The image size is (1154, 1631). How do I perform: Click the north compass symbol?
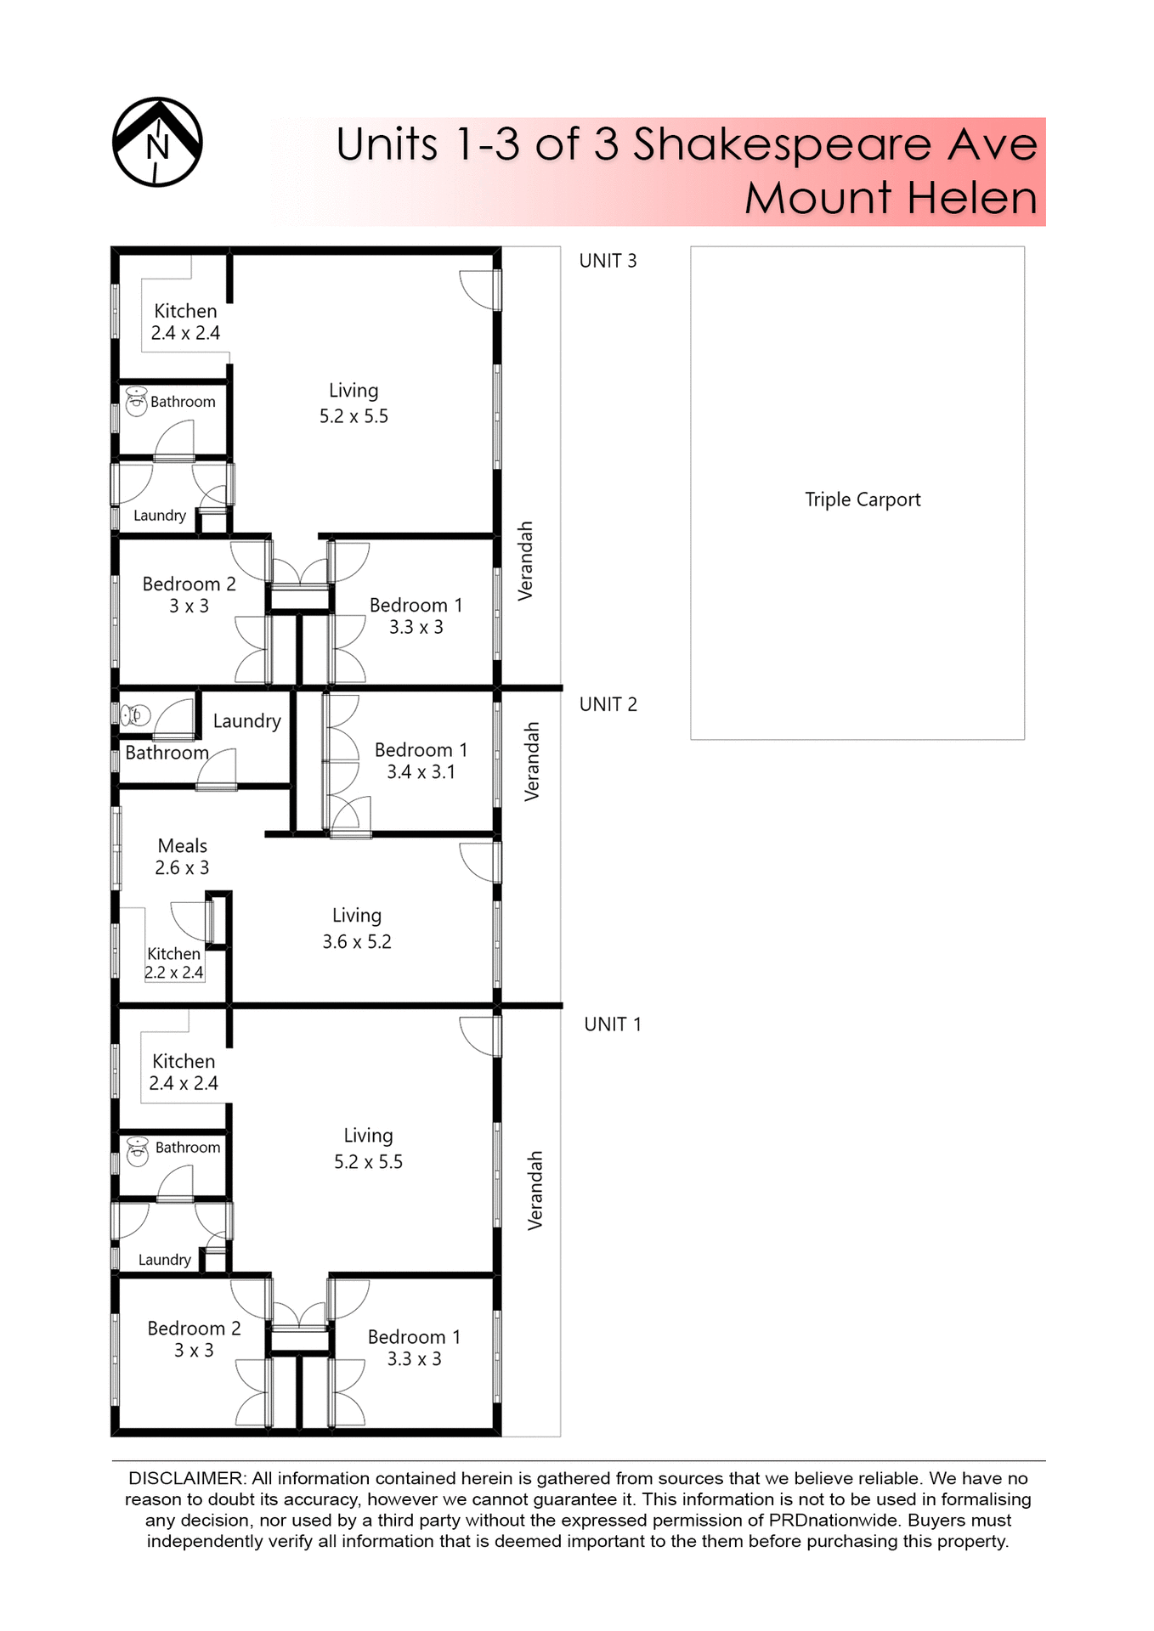coord(157,142)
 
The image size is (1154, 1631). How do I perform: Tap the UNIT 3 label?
coord(608,261)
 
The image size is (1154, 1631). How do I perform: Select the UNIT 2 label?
coord(608,704)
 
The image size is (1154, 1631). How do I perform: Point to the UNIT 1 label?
coord(612,1024)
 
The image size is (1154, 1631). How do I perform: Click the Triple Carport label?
coord(863,499)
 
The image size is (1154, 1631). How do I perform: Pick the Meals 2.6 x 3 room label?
coord(182,856)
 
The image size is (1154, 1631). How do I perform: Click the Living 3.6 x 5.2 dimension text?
coord(357,941)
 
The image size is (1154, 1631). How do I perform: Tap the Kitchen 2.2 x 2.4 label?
coord(174,963)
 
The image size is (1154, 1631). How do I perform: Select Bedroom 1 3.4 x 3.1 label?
coord(421,760)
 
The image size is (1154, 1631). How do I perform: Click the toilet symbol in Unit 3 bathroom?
coord(136,401)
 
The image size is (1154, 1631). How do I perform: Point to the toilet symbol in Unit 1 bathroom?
coord(137,1150)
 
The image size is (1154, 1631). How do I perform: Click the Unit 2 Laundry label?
coord(246,721)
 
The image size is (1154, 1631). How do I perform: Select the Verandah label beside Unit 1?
coord(535,1190)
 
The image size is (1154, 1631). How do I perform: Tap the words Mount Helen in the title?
coord(891,198)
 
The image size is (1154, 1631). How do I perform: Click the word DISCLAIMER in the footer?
coord(186,1479)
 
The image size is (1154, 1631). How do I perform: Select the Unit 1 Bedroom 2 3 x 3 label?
coord(194,1339)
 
